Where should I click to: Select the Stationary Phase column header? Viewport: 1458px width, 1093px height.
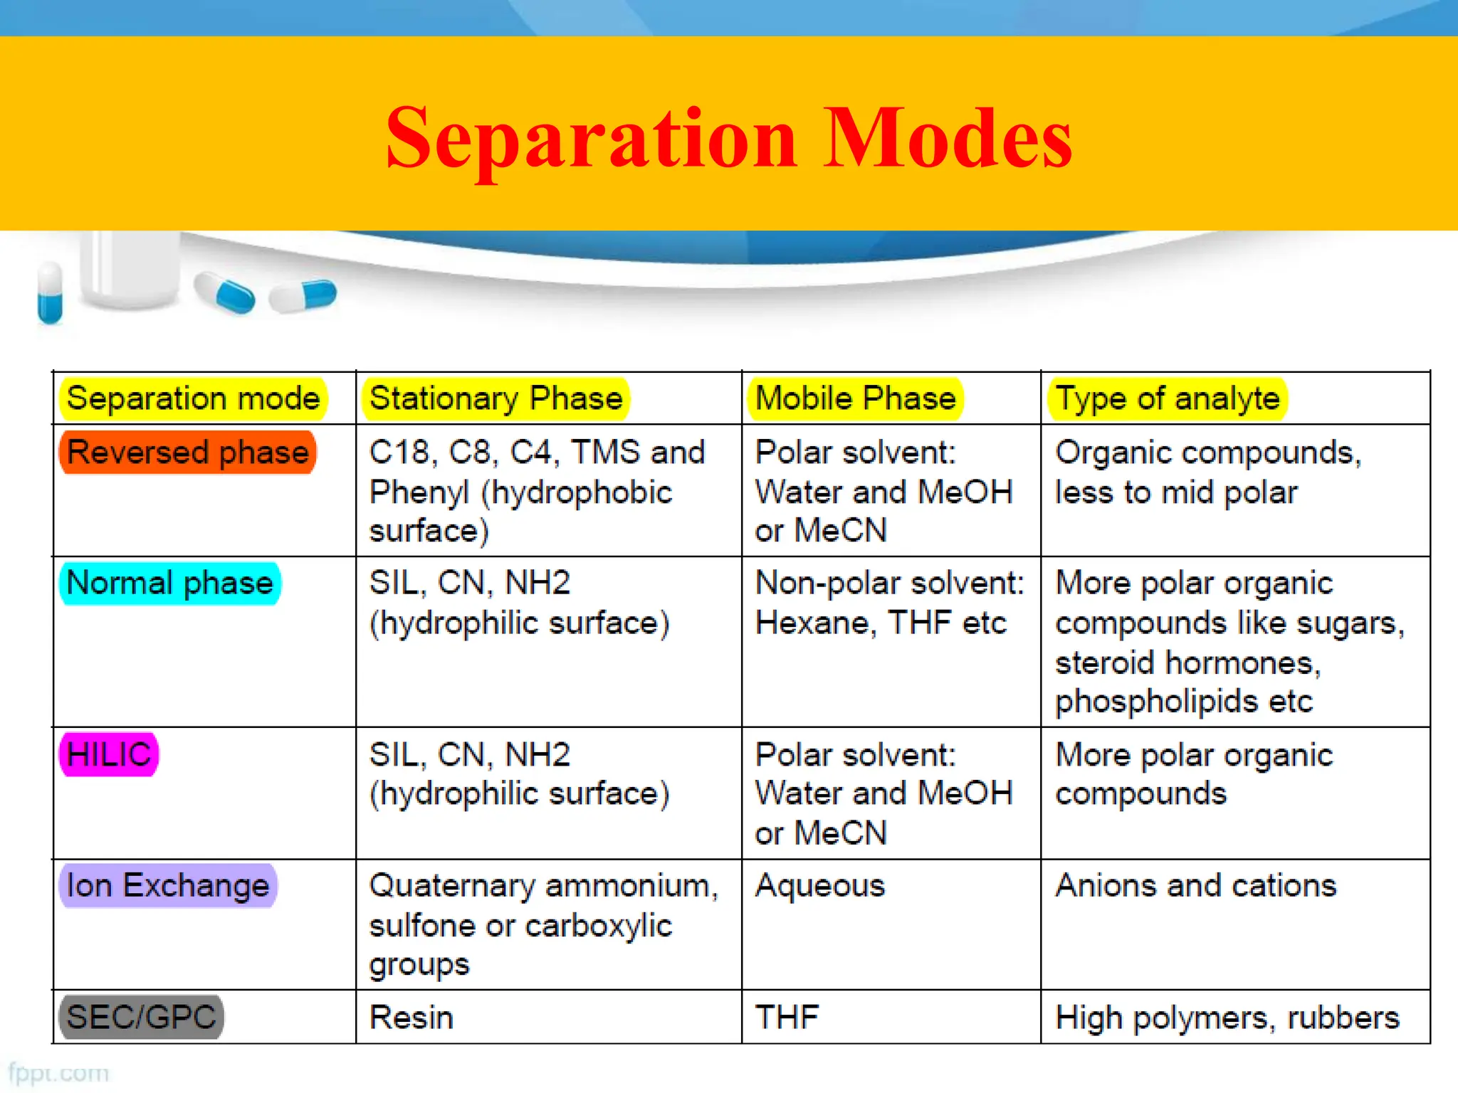pos(496,398)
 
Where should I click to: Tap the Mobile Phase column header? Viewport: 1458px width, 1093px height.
pos(855,398)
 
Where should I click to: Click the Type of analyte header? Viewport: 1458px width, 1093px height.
pos(1167,398)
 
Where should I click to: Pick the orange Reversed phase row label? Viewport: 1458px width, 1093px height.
pos(188,453)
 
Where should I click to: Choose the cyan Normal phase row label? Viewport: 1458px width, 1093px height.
pos(169,583)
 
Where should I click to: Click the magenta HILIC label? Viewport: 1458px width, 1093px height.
pos(108,754)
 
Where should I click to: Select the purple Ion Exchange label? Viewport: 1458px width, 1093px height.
pos(167,886)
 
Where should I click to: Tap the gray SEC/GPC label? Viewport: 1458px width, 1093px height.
pos(141,1017)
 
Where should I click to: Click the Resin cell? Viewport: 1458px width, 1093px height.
pos(411,1018)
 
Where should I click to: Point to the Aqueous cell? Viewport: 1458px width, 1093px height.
pos(820,886)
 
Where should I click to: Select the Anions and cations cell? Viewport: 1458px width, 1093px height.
pos(1196,886)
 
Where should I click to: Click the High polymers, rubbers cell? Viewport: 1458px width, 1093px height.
pos(1227,1018)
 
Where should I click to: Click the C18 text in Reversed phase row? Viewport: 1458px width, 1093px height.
pos(399,453)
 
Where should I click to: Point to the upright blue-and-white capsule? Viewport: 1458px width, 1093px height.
pos(50,292)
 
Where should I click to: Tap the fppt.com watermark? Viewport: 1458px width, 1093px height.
pos(58,1073)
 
